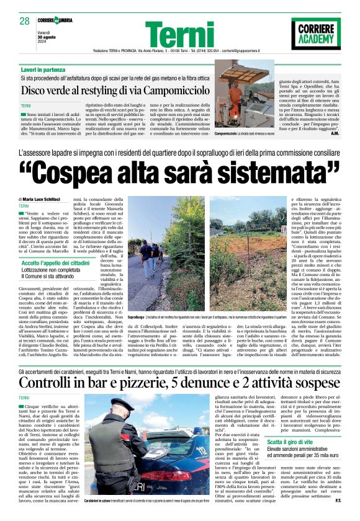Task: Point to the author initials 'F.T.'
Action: point(336,516)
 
